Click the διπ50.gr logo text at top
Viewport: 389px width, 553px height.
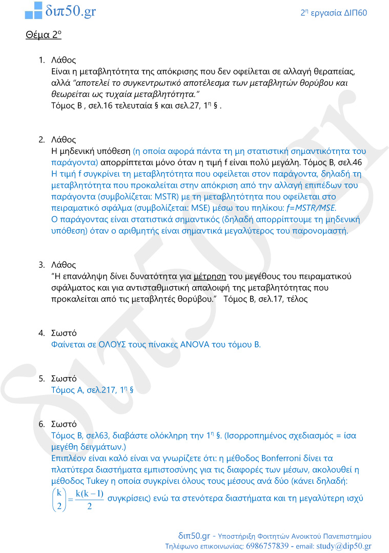pos(70,10)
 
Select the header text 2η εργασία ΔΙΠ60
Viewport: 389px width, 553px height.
pos(333,13)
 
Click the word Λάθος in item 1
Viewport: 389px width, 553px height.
pos(64,60)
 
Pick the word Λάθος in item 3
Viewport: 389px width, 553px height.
pos(64,265)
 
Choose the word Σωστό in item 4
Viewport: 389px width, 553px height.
pos(64,333)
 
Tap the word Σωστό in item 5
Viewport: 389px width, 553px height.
pos(64,379)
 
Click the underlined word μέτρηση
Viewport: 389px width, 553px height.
pos(210,276)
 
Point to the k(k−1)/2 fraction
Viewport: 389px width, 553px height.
pos(89,499)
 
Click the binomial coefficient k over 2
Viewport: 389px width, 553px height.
pos(60,499)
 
